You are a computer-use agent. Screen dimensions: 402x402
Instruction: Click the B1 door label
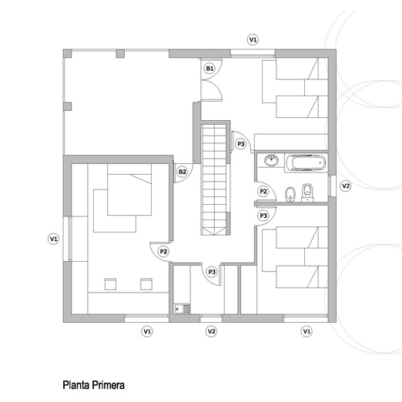coord(209,69)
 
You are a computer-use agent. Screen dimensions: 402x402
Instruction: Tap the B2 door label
coord(182,172)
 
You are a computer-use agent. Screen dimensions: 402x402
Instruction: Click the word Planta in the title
coord(76,385)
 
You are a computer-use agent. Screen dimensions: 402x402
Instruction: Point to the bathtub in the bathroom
coord(306,162)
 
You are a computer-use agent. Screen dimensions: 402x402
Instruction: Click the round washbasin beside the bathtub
coord(271,161)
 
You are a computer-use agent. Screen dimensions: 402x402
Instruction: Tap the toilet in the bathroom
coord(307,193)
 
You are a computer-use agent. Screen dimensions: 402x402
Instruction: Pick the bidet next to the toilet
coord(290,194)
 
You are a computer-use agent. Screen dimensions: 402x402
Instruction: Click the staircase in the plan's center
coord(215,179)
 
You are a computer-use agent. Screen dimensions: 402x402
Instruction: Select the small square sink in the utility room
coord(182,309)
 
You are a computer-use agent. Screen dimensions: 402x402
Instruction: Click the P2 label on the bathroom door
coord(263,191)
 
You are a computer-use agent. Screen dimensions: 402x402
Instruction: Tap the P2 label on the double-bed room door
coord(163,251)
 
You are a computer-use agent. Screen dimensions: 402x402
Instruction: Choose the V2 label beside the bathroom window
coord(346,186)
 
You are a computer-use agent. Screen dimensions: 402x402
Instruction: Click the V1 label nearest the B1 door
coord(253,39)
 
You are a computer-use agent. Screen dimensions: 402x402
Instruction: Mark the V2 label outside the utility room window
coord(211,331)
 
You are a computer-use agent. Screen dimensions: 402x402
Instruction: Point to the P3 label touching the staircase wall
coord(241,144)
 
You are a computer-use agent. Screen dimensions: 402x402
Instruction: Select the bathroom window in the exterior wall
coord(332,186)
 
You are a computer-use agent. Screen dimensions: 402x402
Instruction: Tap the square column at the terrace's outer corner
coord(68,54)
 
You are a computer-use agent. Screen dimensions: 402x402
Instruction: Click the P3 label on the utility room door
coord(212,272)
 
